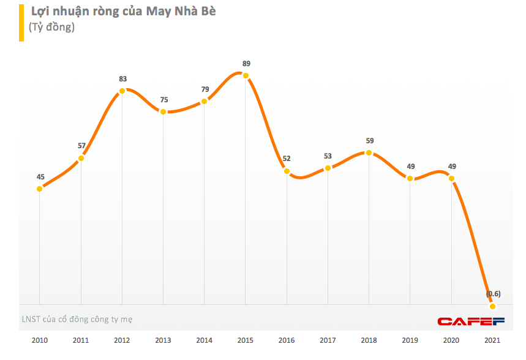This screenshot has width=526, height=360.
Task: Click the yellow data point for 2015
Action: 246,75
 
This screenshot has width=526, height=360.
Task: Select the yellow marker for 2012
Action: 122,91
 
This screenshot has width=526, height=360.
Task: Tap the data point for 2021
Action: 492,306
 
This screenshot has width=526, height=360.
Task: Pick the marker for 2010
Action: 40,189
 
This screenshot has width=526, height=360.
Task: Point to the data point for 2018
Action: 369,152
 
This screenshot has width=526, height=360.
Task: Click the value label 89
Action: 246,64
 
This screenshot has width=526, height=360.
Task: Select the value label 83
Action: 122,79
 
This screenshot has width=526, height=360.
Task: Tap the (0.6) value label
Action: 493,294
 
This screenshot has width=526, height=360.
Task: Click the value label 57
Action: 81,146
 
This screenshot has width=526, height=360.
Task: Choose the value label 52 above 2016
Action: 287,159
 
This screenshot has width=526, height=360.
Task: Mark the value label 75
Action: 163,100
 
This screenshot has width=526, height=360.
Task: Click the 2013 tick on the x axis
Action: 163,340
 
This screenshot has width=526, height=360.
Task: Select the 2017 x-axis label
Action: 328,340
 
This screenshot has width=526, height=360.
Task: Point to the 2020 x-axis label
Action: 451,340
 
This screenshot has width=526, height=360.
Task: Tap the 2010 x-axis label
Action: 40,340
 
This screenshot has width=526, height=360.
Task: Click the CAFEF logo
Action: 470,321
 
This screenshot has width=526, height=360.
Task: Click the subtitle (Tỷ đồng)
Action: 51,27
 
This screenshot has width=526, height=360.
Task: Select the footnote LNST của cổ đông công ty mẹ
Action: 77,319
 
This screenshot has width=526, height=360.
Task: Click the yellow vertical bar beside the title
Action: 21,23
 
